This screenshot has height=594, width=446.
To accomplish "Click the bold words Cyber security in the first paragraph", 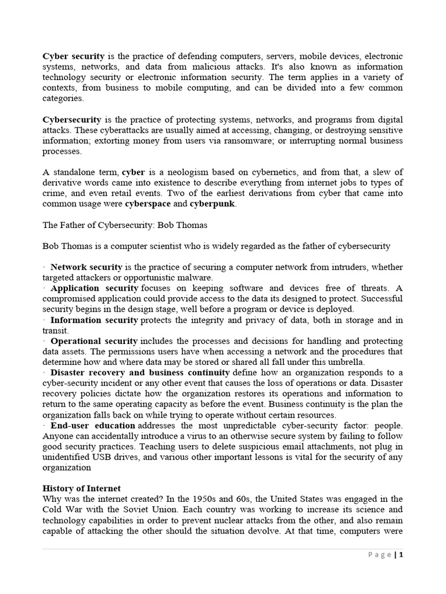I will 74,56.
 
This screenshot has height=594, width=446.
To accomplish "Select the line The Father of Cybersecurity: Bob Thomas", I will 124,225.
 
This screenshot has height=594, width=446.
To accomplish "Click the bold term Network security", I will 86,267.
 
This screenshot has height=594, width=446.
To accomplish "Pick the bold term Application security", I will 94,288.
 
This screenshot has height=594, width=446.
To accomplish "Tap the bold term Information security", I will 94,320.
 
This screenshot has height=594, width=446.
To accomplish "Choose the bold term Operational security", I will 93,341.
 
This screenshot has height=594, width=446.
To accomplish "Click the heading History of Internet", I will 81,488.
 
